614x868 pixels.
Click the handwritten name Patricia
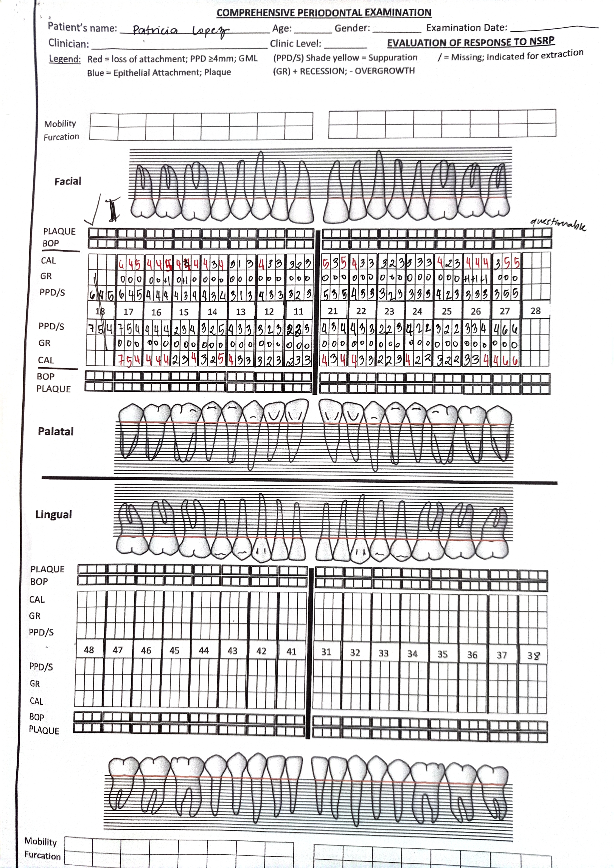[155, 30]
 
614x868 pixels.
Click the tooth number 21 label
[333, 311]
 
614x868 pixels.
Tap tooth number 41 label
[291, 651]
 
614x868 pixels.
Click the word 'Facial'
[68, 181]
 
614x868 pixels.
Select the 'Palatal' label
[56, 431]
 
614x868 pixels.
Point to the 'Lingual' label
[53, 515]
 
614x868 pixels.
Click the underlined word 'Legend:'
[65, 59]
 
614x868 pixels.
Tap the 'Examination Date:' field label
[466, 28]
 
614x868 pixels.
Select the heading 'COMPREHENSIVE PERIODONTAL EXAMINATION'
[324, 12]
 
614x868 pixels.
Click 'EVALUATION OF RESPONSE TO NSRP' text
[471, 42]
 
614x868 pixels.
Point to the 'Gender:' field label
[352, 28]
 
